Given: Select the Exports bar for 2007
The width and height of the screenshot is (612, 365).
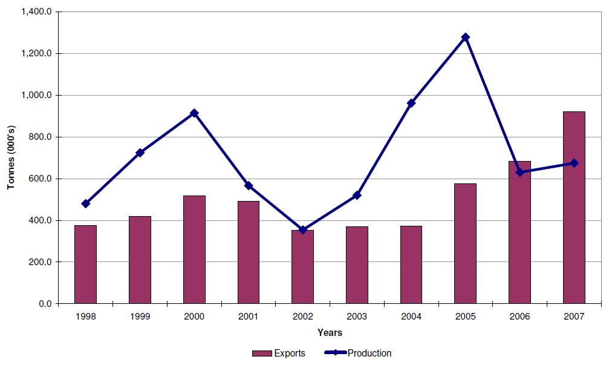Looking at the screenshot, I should (574, 207).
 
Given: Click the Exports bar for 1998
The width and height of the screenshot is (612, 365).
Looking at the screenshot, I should (85, 264).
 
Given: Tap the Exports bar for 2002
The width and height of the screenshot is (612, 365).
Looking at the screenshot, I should (302, 266).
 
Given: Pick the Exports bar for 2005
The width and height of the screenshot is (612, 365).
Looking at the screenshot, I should (465, 243).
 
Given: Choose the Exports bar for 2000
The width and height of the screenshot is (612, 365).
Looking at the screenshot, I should (194, 249).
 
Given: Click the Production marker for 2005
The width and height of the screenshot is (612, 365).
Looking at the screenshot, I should (465, 37).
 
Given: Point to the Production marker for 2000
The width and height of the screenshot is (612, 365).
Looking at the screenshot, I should (194, 113).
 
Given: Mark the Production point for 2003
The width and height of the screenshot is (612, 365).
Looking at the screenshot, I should (357, 195).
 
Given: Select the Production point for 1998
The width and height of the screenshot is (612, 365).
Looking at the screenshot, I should (85, 203).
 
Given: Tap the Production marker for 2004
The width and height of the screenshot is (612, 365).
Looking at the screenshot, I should (411, 103).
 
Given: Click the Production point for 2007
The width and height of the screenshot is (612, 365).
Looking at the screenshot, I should (574, 163).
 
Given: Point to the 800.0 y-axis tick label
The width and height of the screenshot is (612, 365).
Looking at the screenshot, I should (41, 137).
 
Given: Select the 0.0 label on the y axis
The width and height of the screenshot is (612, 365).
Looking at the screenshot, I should (45, 304).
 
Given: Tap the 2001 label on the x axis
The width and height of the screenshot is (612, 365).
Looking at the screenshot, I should (248, 317).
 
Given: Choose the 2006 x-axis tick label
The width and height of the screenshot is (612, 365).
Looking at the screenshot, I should (519, 317).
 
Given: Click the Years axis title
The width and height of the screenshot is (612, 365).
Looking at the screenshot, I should (330, 332).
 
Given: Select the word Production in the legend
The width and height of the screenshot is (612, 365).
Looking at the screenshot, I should (370, 353).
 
